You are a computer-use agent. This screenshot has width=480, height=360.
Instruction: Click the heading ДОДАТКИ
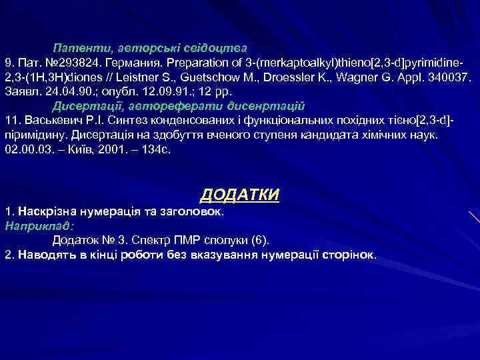240,195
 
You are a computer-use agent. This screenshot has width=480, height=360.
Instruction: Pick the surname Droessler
313,79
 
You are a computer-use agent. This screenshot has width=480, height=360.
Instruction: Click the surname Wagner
368,79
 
